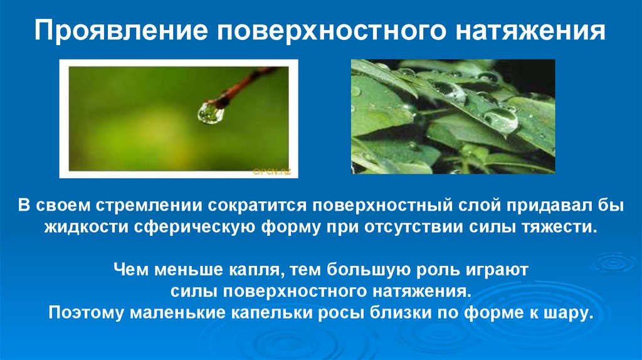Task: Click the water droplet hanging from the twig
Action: tap(211, 112)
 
